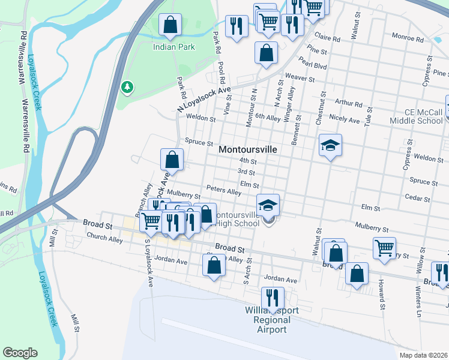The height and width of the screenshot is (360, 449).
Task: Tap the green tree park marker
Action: point(127,88)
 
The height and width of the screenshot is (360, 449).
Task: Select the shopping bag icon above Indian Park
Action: point(170,25)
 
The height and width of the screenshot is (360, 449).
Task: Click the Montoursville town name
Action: point(248,149)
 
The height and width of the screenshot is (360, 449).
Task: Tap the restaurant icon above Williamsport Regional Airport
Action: point(273,298)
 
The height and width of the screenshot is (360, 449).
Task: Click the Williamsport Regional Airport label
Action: point(272,320)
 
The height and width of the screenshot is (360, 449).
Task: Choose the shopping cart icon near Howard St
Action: point(384,247)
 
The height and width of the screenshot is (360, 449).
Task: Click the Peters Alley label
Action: point(223,190)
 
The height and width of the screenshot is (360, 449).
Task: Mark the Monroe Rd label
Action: point(408,38)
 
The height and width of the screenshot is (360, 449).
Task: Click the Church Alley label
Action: point(104,239)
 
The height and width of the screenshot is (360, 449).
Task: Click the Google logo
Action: point(20,353)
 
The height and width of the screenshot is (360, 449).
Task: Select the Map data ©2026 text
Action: point(424,355)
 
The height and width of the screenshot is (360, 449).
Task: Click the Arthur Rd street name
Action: point(349,103)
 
